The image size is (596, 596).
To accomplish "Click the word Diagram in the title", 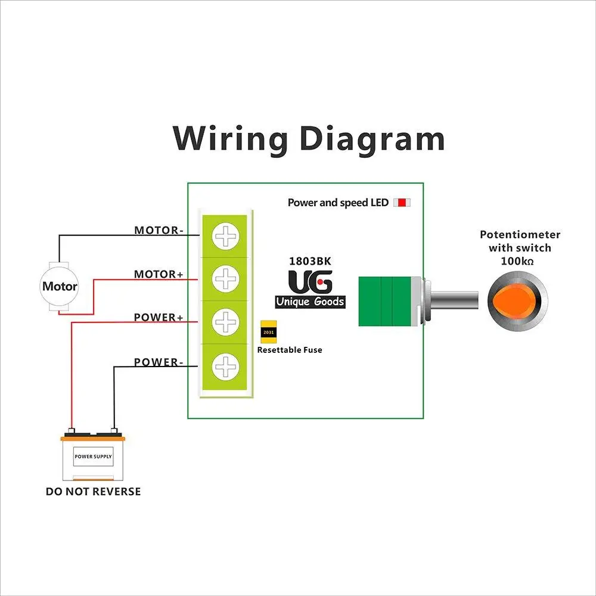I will coord(372,139).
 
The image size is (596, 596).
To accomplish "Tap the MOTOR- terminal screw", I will coord(226,237).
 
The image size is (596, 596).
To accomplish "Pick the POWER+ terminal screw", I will coord(226,322).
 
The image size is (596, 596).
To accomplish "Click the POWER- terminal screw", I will coord(226,365).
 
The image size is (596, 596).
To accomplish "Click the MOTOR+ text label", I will coord(158,274).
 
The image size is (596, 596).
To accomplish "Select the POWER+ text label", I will coord(158,317).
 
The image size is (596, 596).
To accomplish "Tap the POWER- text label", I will coord(158,362).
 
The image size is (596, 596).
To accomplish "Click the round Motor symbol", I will coord(60,287).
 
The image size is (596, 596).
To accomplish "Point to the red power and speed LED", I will coord(402,203).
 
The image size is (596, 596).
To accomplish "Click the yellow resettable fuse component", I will coord(268,332).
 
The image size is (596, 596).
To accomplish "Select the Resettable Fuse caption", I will coord(290,350).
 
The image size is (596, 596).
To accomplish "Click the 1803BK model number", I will coord(311,261).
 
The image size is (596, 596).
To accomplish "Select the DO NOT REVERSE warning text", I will coord(94,492).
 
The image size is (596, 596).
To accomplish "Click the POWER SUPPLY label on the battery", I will coord(93,457).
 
